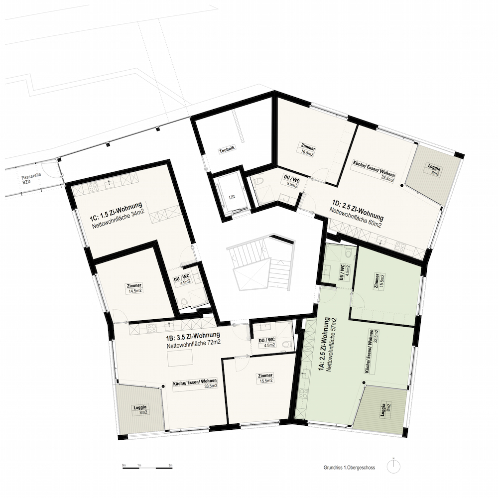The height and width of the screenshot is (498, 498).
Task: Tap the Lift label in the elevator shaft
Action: coord(232,197)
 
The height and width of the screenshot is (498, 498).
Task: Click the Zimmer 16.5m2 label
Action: coord(308,150)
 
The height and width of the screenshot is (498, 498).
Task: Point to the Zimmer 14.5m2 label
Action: coord(134,288)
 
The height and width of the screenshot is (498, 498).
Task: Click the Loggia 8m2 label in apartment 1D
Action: coord(434,170)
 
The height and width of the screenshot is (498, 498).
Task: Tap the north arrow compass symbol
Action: coord(393,467)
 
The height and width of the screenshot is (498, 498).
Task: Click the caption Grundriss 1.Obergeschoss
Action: coord(349,468)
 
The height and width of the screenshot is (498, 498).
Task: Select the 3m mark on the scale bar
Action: coord(170,465)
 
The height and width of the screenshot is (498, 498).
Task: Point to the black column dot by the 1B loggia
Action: coord(163,386)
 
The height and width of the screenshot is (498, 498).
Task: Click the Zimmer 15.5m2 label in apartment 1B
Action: coord(265,378)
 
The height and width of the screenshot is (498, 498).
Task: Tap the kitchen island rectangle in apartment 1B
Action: coord(180,358)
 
